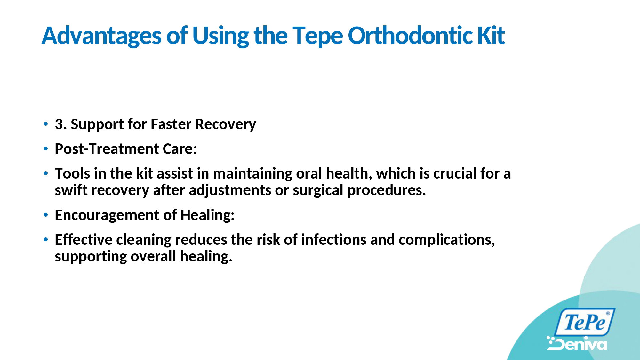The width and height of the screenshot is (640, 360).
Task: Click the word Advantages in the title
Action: pyautogui.click(x=102, y=36)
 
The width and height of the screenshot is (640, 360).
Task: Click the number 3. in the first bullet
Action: pyautogui.click(x=61, y=124)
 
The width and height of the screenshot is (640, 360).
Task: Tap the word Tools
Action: pyautogui.click(x=72, y=173)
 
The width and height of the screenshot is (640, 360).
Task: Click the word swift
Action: pyautogui.click(x=70, y=190)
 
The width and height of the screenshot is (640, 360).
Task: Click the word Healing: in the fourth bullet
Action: pyautogui.click(x=207, y=215)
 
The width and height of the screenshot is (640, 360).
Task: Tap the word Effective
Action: pyautogui.click(x=84, y=240)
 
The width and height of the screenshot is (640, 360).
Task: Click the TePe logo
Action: pyautogui.click(x=585, y=322)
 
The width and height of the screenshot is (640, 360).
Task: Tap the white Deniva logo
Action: pyautogui.click(x=577, y=343)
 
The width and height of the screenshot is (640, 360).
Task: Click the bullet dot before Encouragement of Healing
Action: pyautogui.click(x=46, y=215)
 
